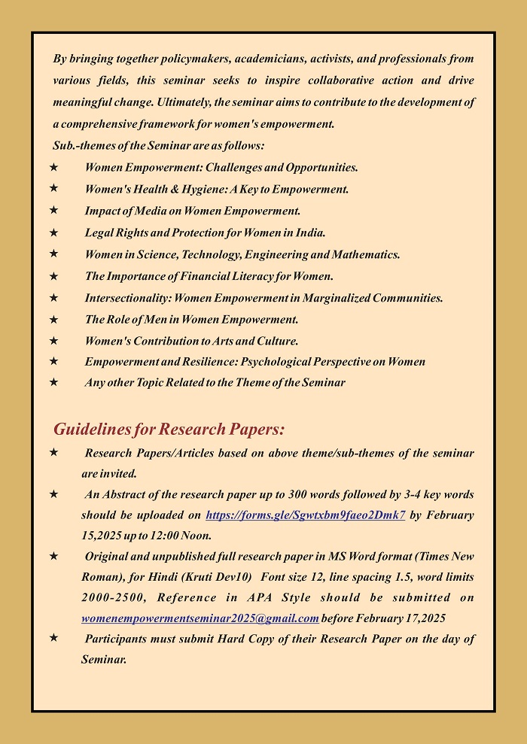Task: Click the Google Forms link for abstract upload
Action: tap(305, 515)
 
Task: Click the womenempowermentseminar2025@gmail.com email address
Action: tap(200, 619)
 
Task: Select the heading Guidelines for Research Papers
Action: tap(169, 430)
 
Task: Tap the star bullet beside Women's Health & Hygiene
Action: tap(53, 189)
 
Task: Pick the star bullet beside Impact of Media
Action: tap(53, 211)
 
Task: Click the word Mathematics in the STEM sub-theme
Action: tap(368, 254)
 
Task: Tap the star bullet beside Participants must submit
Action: tap(53, 638)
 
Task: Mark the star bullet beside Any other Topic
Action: tap(53, 382)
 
